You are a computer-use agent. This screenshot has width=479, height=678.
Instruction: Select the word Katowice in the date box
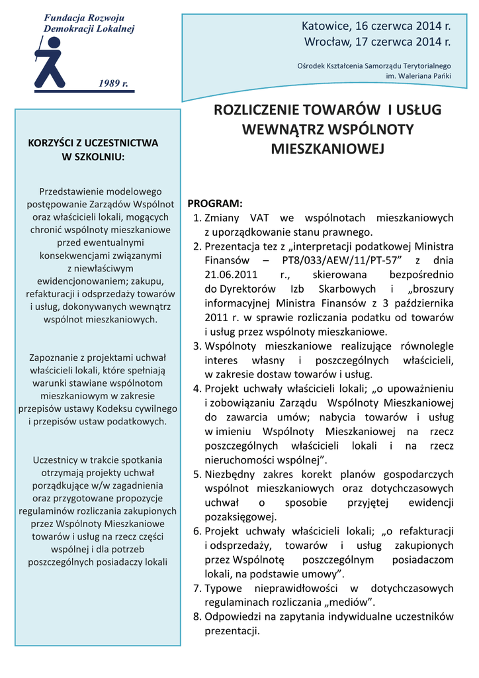[326, 26]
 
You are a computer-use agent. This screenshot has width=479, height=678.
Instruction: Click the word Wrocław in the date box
[326, 42]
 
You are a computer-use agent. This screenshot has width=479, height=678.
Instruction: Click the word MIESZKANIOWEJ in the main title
[327, 148]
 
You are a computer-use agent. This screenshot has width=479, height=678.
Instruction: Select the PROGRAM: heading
[215, 203]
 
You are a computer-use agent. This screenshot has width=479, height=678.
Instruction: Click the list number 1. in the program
[196, 218]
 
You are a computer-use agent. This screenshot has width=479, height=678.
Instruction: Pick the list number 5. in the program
[196, 474]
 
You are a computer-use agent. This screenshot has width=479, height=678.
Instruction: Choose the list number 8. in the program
[196, 616]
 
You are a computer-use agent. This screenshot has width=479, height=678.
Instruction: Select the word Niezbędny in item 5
[228, 474]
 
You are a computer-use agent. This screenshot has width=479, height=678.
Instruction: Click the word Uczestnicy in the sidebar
[55, 460]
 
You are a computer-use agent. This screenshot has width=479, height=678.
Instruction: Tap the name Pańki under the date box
[441, 76]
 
